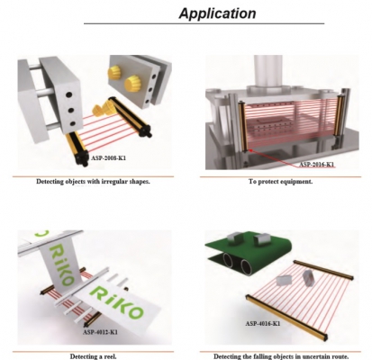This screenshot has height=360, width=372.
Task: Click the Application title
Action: point(217,13)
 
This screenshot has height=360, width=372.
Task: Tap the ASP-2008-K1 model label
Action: point(108,157)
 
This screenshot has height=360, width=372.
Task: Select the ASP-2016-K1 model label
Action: point(316,165)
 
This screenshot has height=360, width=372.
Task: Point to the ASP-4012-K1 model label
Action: point(100,332)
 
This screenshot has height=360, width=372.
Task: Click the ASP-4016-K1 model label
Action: point(263,323)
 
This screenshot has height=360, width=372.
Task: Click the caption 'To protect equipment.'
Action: point(280,182)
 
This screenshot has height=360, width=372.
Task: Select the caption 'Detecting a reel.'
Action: point(93,356)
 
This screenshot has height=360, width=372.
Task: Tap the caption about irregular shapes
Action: point(93,182)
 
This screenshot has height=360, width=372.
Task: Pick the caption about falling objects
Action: point(281,356)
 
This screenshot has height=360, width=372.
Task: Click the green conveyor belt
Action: point(249,249)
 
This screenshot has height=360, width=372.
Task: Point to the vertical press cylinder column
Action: point(268,71)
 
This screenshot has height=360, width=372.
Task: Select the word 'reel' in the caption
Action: point(111,356)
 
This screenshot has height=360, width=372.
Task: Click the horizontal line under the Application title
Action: point(204,23)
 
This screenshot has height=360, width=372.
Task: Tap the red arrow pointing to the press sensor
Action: point(277,157)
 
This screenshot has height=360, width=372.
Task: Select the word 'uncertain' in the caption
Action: point(315,356)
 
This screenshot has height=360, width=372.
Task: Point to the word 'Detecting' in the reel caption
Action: point(82,356)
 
